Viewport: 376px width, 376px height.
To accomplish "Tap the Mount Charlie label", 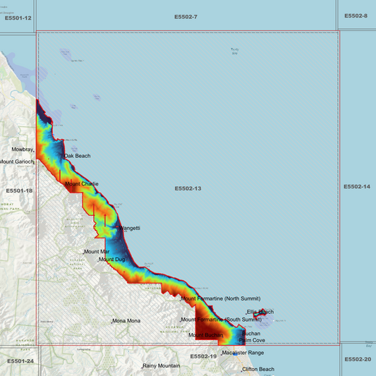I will pyautogui.click(x=82, y=184).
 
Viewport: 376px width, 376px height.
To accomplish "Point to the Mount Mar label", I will pyautogui.click(x=97, y=252).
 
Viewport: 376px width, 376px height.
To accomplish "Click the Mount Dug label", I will pyautogui.click(x=112, y=260).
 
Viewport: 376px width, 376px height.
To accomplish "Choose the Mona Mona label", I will pyautogui.click(x=127, y=321).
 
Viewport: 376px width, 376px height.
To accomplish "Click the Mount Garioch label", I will pyautogui.click(x=16, y=162).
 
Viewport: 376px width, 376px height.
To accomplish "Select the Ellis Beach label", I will pyautogui.click(x=260, y=312).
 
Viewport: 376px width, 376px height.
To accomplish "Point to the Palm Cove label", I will pyautogui.click(x=252, y=340).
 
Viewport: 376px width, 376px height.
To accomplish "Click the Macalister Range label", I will pyautogui.click(x=243, y=353).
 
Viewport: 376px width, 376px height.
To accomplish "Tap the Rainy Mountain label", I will pyautogui.click(x=162, y=366).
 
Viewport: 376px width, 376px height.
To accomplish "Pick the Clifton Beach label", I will pyautogui.click(x=258, y=370).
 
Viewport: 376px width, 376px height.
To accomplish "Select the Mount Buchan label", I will pyautogui.click(x=206, y=335).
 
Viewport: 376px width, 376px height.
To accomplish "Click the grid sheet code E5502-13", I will pyautogui.click(x=188, y=189).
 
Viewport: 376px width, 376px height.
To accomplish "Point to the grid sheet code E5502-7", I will pyautogui.click(x=186, y=16).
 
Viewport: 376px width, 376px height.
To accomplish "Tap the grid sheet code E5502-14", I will pyautogui.click(x=357, y=187).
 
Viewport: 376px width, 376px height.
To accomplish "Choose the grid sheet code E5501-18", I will pyautogui.click(x=19, y=191).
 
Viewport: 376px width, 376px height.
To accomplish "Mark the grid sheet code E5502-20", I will pyautogui.click(x=358, y=359).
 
